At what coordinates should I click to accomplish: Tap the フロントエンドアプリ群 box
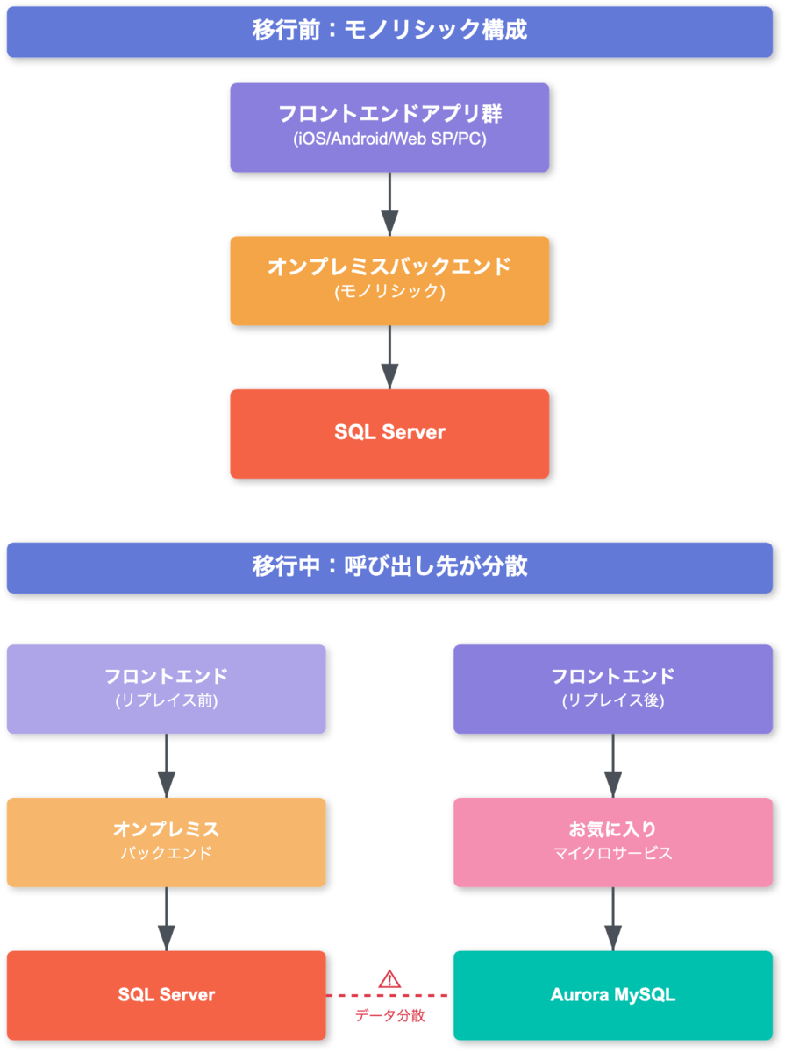click(389, 127)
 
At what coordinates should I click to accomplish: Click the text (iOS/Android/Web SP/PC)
click(389, 139)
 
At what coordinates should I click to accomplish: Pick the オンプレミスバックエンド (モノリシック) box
click(389, 281)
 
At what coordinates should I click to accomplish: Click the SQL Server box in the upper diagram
click(389, 433)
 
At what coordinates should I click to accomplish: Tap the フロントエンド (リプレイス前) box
click(166, 689)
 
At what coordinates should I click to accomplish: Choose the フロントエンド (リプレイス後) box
click(613, 689)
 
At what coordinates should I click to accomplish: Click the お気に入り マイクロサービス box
click(613, 842)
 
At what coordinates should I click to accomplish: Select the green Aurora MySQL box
click(613, 995)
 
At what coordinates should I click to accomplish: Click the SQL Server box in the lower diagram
click(166, 995)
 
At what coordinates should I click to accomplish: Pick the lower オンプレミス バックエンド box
click(166, 842)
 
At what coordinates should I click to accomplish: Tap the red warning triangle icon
click(389, 979)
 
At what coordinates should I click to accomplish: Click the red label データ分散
click(389, 1016)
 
